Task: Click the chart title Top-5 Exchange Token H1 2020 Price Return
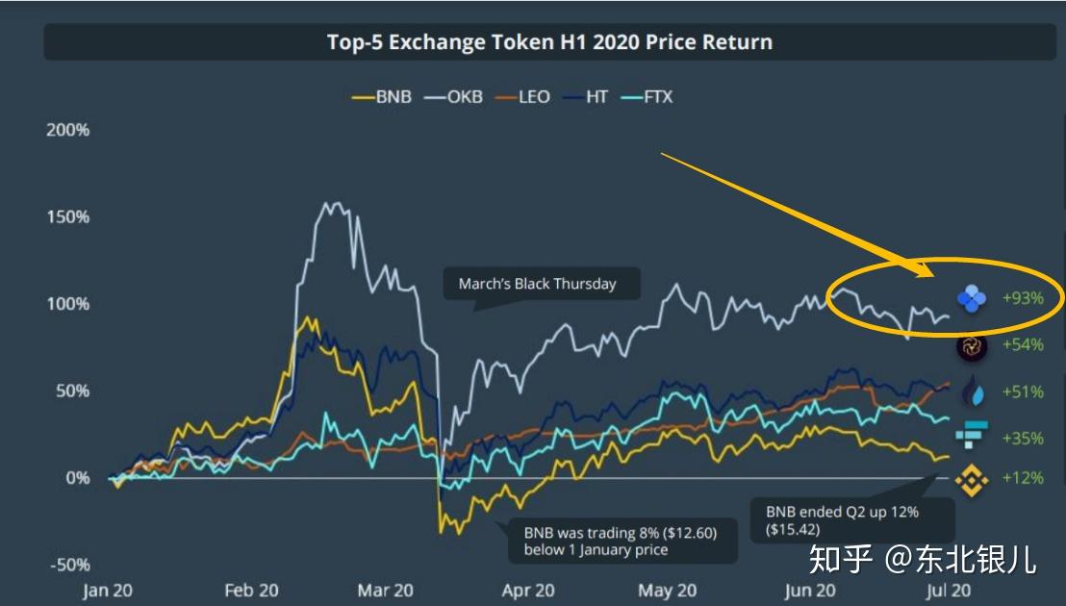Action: [x=549, y=42]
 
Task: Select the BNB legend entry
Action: [x=383, y=97]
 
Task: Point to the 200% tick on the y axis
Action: [x=68, y=130]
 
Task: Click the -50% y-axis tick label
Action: [x=68, y=565]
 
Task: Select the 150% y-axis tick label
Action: [x=68, y=216]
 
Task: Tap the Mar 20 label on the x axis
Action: [x=385, y=591]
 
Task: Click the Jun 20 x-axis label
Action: [x=810, y=591]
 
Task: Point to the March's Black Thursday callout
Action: [x=537, y=284]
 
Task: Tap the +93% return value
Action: [x=1023, y=298]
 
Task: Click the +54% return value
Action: [x=1023, y=344]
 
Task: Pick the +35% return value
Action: [x=1023, y=438]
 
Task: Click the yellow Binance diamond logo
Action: [x=972, y=478]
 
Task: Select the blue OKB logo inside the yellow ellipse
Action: [x=972, y=299]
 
